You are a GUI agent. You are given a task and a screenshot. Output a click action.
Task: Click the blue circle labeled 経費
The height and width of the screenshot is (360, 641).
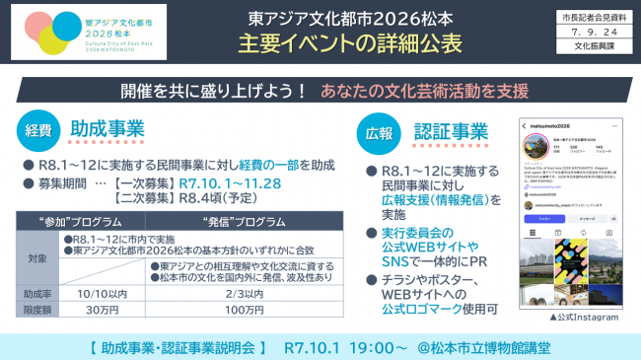coord(37,129)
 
